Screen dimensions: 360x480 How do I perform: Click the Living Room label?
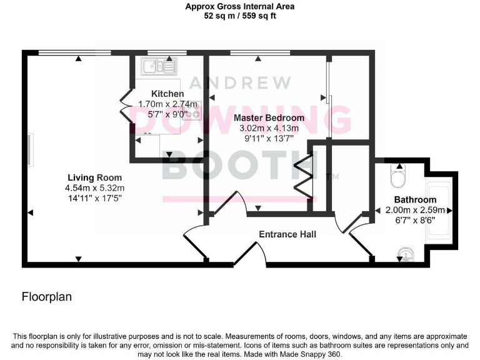[94, 177]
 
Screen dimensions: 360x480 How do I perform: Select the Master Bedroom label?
[269, 117]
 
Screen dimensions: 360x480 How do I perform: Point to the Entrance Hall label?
[287, 234]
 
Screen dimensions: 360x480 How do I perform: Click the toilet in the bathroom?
[398, 177]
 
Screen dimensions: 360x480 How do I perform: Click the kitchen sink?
[159, 65]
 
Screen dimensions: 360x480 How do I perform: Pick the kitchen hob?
[192, 113]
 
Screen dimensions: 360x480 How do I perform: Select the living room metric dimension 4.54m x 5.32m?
[94, 187]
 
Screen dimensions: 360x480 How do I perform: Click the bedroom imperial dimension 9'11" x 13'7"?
[269, 139]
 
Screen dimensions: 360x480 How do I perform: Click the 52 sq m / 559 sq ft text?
[240, 16]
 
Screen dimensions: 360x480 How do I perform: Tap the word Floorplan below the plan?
[47, 297]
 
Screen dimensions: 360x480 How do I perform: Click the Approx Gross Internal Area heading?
[240, 7]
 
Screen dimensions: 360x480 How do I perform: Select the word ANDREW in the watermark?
[240, 82]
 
